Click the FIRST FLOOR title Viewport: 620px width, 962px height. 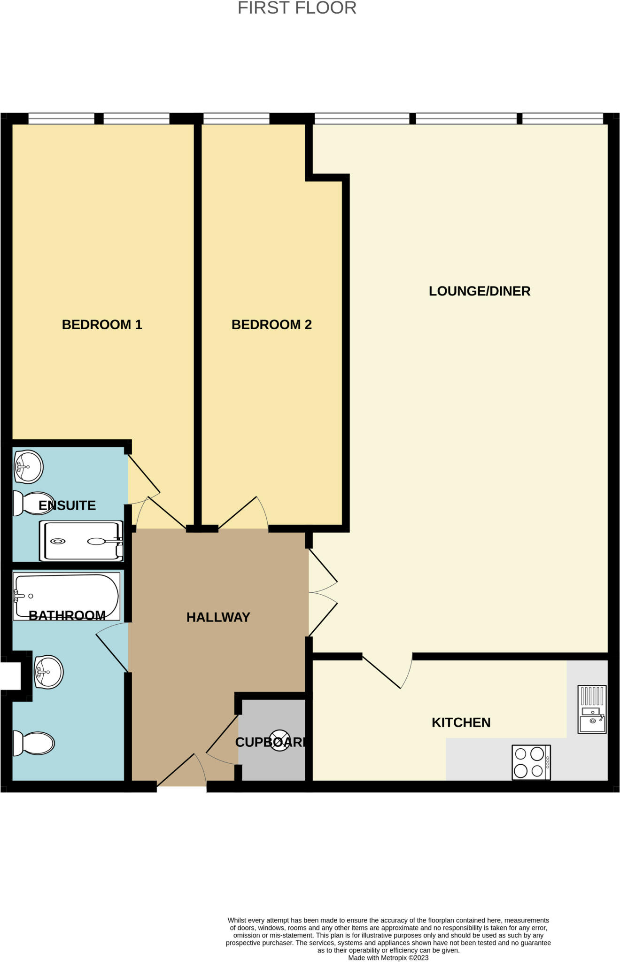297,8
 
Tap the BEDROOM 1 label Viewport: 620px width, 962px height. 102,325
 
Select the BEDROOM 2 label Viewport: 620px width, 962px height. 271,325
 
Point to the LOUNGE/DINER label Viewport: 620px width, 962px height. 480,291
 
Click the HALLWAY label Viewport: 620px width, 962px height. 218,617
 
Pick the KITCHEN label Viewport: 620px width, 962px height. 461,722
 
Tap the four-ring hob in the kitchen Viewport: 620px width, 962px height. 531,762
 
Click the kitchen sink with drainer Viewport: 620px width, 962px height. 592,709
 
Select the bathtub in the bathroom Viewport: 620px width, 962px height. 66,596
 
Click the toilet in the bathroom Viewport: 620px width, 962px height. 34,744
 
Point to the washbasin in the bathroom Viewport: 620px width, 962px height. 48,672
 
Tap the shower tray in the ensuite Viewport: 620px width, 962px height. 82,541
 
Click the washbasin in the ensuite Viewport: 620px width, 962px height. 28,466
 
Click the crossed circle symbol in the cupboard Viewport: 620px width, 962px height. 279,740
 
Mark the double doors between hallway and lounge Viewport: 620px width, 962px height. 323,593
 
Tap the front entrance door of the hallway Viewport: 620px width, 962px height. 181,771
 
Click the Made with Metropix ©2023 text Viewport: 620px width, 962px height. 388,958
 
